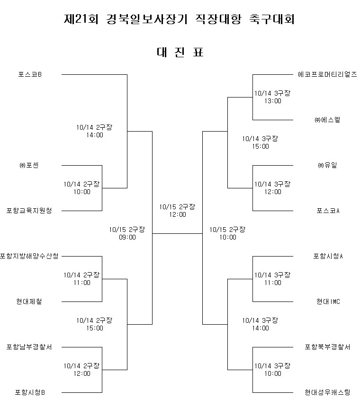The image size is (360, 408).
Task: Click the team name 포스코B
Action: [30, 74]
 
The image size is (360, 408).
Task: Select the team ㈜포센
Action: [29, 165]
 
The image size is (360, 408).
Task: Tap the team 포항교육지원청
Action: [29, 211]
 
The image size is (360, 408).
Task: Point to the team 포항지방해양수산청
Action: [29, 256]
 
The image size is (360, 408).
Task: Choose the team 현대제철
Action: [29, 302]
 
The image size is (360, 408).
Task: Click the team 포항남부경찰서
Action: [29, 347]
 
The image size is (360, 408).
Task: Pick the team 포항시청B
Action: [30, 392]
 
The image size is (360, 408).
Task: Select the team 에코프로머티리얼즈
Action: [327, 74]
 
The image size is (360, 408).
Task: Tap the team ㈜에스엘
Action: [327, 120]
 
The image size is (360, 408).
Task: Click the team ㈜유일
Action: [327, 165]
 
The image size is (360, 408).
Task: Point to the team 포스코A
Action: [328, 211]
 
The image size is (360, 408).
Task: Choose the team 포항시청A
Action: [328, 256]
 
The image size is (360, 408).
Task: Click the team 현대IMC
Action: [328, 302]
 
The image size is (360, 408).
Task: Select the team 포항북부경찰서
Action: [327, 347]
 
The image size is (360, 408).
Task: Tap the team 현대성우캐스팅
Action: [327, 392]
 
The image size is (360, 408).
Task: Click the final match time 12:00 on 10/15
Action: [178, 215]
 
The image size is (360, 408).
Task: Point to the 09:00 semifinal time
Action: [127, 237]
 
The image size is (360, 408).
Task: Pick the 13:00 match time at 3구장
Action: [273, 101]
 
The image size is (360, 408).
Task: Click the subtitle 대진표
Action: [180, 52]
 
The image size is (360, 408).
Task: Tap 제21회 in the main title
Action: [81, 19]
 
